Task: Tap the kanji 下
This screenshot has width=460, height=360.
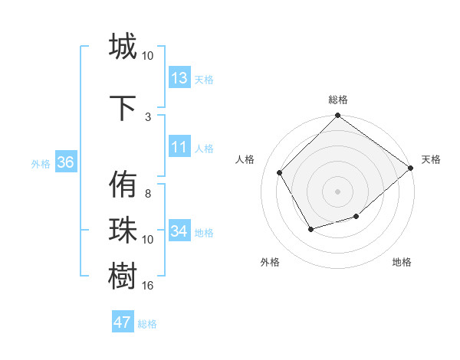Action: pos(123,106)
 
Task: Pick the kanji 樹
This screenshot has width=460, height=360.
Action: pos(123,275)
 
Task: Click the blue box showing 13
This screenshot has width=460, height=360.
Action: pos(179,78)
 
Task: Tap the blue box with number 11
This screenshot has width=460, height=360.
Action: pos(179,148)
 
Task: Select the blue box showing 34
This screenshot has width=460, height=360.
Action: pos(179,231)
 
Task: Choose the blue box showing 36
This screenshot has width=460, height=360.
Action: pos(65,163)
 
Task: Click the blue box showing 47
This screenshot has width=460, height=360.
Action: pos(123,322)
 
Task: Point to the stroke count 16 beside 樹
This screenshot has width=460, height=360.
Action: pos(148,286)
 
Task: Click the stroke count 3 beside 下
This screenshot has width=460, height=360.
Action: pos(148,116)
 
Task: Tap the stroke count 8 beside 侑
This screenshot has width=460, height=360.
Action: pos(148,195)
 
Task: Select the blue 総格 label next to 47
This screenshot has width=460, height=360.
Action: pos(147,324)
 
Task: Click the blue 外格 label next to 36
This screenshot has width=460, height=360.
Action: pos(41,164)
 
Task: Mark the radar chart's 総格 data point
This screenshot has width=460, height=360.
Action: pos(337,116)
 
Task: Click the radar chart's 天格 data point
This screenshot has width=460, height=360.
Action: pos(410,168)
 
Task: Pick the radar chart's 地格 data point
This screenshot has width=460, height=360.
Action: pos(356,217)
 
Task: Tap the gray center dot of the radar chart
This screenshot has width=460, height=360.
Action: pos(337,191)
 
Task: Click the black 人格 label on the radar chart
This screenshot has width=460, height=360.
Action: pos(245,159)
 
